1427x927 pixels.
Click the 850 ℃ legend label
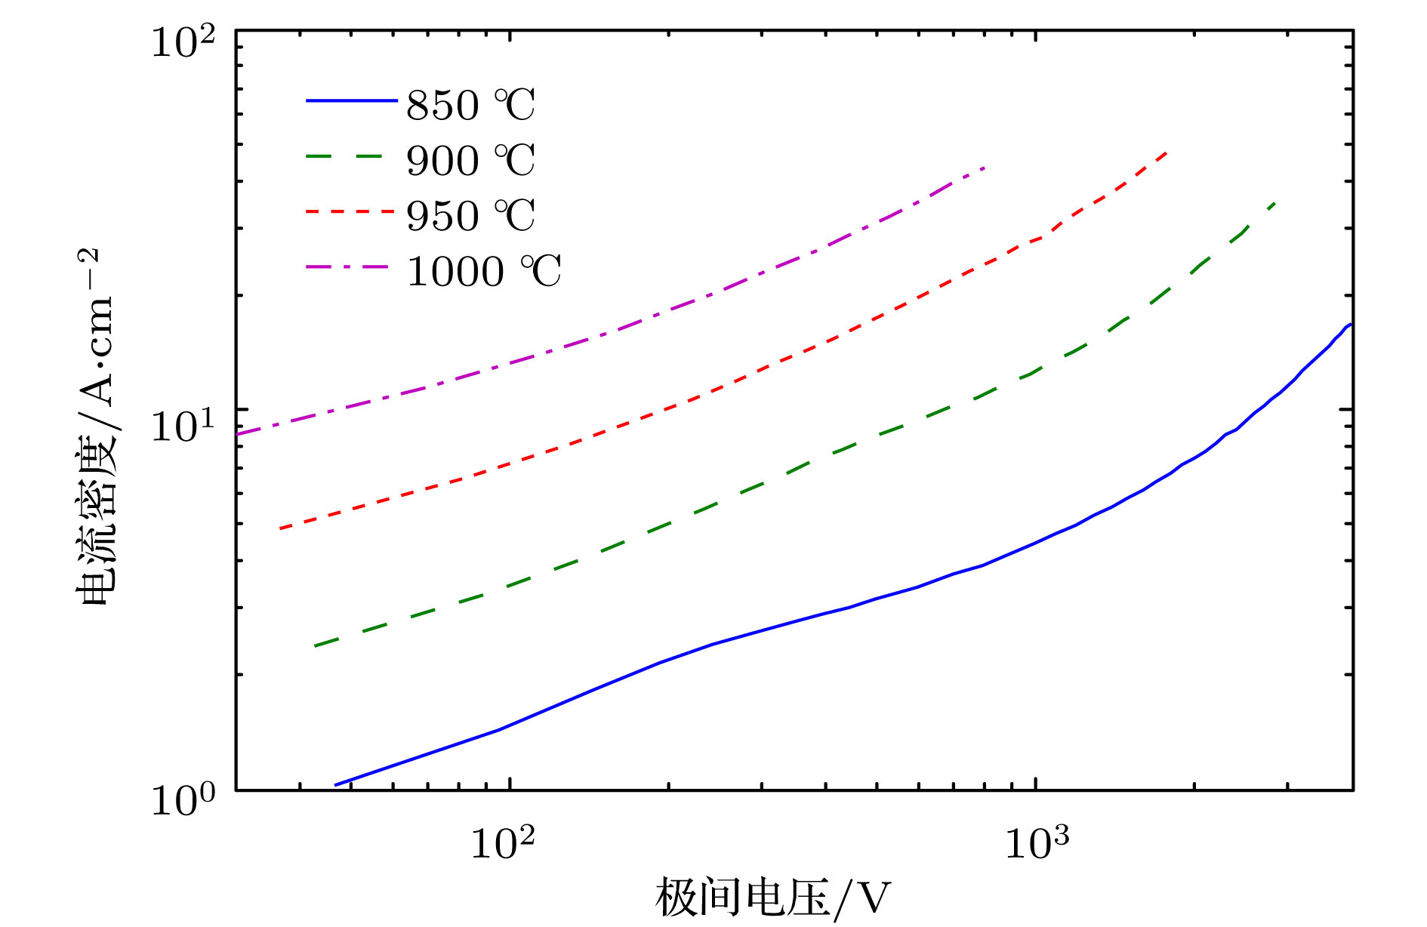coord(470,105)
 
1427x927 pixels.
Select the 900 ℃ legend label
coord(470,160)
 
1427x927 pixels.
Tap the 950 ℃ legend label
coord(470,215)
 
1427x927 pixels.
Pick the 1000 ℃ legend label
coord(484,271)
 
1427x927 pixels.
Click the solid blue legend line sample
coord(351,100)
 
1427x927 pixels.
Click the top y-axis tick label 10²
coord(183,42)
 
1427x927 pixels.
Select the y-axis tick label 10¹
coord(183,424)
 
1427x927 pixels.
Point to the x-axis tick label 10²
coord(502,842)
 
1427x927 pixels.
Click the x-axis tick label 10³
coord(1037,842)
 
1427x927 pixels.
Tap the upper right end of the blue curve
coord(1350,325)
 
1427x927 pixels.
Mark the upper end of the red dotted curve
coord(1167,152)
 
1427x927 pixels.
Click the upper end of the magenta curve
coord(985,167)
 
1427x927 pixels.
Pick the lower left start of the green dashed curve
coord(316,646)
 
